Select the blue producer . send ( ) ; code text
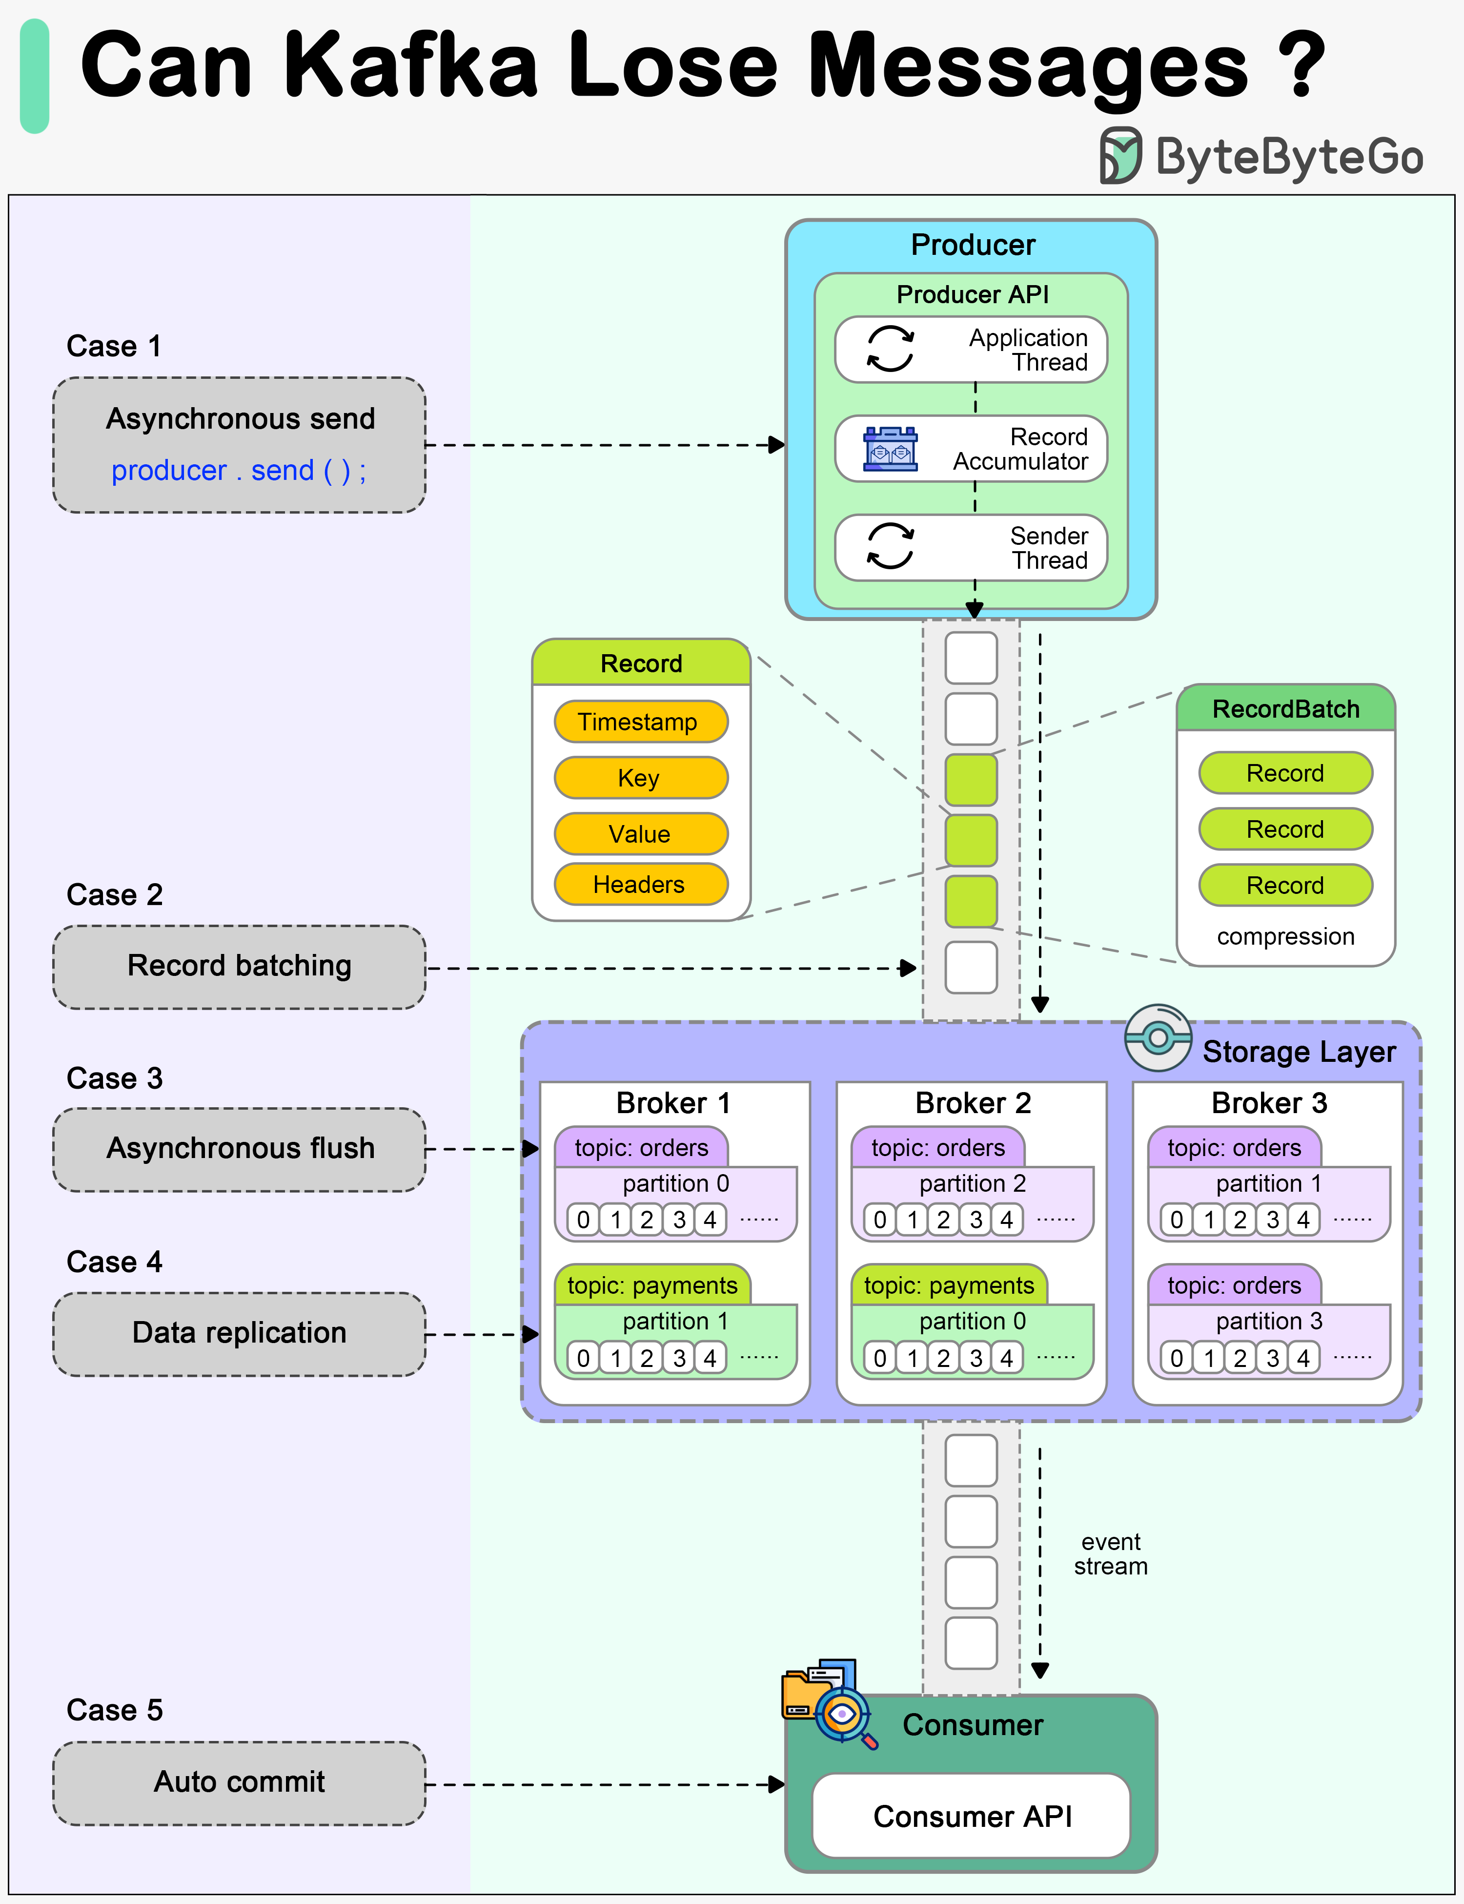coord(239,471)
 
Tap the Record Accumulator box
coord(971,449)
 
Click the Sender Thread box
coord(971,547)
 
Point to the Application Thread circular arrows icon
coord(890,350)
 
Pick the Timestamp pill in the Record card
coord(640,722)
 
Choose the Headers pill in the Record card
coord(640,885)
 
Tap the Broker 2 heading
coord(973,1103)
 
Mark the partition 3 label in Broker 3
coord(1269,1322)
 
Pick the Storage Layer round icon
coord(1157,1037)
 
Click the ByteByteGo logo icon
coord(1120,155)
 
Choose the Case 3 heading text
coord(114,1078)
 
